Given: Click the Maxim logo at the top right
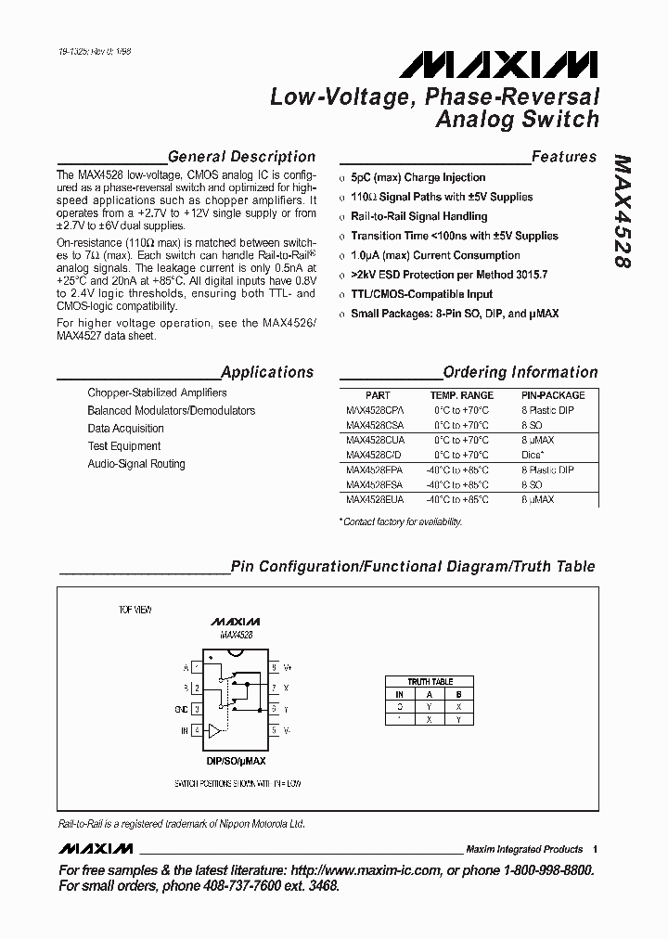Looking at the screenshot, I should pos(499,64).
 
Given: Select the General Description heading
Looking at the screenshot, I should pos(241,157).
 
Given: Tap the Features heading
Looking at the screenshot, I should pos(564,157).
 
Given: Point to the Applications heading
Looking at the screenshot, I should pos(267,372).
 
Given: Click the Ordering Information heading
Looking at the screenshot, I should pos(520,372).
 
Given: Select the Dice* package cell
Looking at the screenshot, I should pos(533,455).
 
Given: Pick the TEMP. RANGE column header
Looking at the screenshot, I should pos(461,395).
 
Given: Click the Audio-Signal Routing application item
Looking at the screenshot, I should pos(136,464).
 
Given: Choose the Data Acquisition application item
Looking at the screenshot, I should pos(125,429).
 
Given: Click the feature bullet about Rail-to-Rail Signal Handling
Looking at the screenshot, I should pos(418,216).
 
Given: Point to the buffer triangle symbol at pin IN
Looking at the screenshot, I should pos(214,730).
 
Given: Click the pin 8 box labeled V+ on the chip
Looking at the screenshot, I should pos(274,667).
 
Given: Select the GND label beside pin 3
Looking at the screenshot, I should pos(182,710).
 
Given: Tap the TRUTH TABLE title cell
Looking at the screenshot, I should pos(430,682).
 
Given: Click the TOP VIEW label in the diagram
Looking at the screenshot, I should pos(135,610).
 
